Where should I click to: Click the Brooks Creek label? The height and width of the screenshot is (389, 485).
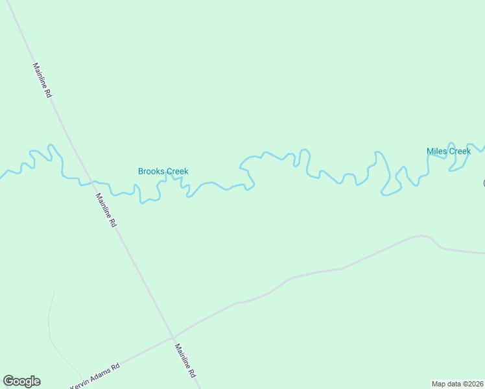[163, 172]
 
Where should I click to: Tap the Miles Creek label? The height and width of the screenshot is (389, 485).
[448, 152]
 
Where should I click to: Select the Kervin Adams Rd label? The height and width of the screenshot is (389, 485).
[95, 375]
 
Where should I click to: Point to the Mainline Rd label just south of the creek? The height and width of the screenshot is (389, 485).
[106, 209]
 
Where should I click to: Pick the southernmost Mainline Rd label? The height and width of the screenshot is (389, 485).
[184, 361]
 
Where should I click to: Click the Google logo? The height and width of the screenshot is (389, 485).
[21, 381]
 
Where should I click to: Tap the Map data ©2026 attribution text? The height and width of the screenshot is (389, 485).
[457, 383]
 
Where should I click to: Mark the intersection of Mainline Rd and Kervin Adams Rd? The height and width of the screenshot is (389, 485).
[173, 337]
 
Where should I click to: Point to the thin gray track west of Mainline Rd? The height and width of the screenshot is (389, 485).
[50, 324]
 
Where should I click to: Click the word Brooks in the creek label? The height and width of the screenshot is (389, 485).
[151, 172]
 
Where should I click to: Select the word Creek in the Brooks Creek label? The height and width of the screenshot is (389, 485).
[177, 172]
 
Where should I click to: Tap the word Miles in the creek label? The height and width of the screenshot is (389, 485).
[436, 152]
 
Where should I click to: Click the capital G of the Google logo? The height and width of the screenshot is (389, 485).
[8, 381]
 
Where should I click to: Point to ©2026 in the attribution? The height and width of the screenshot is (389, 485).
[471, 383]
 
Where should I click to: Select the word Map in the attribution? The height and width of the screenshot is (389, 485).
[439, 383]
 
